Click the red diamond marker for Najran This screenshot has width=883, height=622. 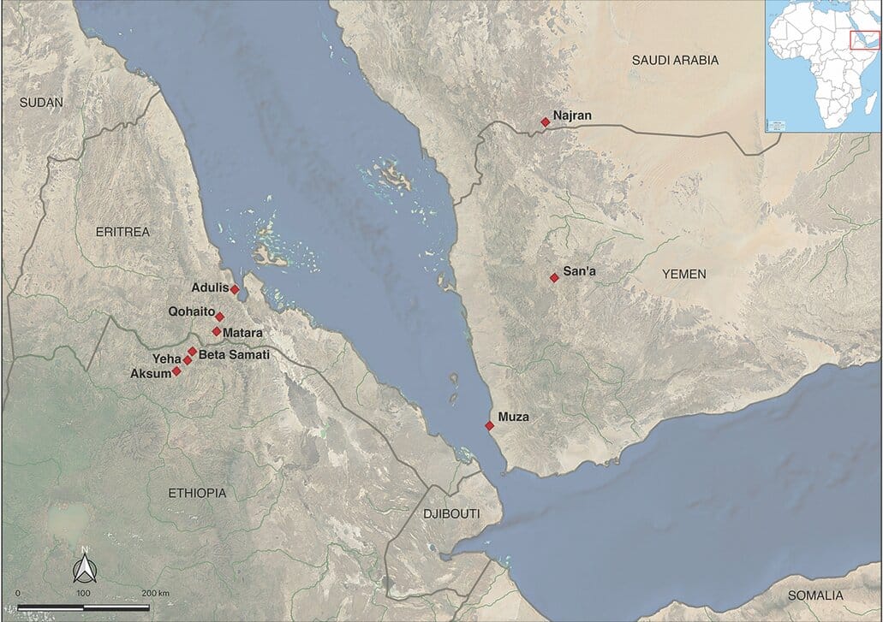(x=545, y=122)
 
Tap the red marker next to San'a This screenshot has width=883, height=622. (x=554, y=277)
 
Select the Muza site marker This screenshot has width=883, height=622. (x=489, y=425)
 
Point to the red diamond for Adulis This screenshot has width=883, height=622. (x=235, y=289)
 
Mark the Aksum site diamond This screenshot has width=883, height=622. (x=176, y=371)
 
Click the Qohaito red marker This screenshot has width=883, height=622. (x=219, y=317)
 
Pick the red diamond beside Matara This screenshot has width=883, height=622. (x=216, y=331)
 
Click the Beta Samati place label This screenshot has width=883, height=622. (x=234, y=354)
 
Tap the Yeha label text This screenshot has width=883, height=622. (x=166, y=359)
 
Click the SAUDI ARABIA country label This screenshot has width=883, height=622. (x=675, y=60)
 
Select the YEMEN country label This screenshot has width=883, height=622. (x=683, y=274)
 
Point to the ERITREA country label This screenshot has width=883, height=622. (x=122, y=232)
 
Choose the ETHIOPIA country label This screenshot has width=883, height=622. (x=198, y=493)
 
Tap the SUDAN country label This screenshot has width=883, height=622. (x=41, y=102)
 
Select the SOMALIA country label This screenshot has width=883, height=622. (x=815, y=595)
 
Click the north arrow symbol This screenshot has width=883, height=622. (x=84, y=566)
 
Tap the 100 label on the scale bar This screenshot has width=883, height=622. (x=83, y=593)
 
